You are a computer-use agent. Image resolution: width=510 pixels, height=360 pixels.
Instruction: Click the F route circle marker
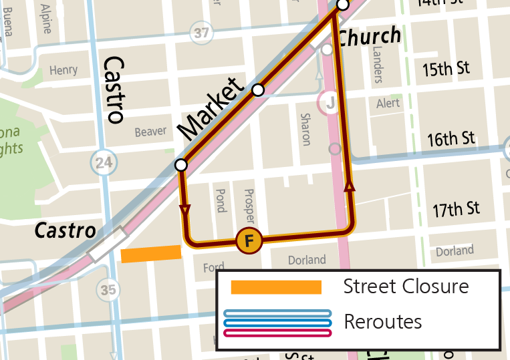[249, 240]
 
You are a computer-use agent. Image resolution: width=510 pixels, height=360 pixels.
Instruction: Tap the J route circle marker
[329, 104]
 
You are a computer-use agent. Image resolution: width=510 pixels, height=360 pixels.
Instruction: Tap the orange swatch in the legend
[277, 287]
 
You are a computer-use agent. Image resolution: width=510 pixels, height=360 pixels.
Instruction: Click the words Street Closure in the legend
[406, 287]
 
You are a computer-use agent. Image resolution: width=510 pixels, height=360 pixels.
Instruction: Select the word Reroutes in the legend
[382, 322]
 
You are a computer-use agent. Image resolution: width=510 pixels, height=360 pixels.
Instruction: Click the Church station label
[369, 36]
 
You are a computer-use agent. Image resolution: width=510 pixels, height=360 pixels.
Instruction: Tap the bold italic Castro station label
[66, 231]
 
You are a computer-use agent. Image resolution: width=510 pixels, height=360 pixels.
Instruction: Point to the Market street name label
[209, 109]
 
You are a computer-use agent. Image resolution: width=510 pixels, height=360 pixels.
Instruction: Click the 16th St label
[451, 139]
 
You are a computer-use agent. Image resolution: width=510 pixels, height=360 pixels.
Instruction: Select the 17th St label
[456, 209]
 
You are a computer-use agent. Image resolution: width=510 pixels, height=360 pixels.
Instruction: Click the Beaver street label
[150, 132]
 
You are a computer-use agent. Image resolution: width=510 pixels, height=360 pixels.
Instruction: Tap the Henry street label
[63, 69]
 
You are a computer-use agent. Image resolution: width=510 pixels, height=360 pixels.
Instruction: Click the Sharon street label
[305, 129]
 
